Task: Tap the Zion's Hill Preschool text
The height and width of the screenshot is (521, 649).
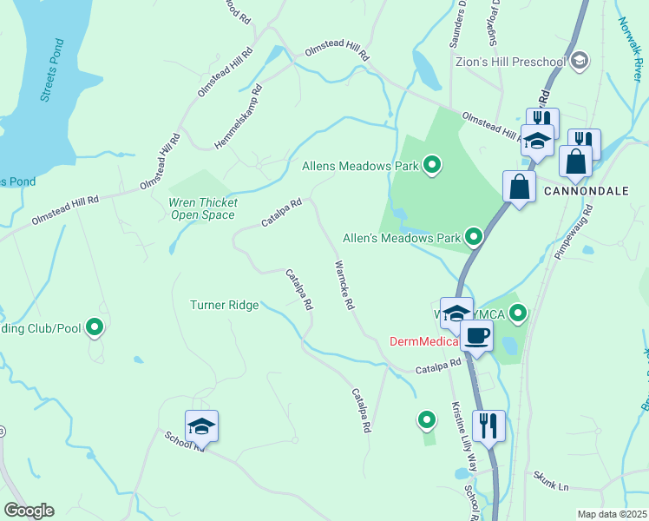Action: (x=510, y=62)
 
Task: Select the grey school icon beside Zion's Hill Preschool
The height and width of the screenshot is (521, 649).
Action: (x=580, y=61)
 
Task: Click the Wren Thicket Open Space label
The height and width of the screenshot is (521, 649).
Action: (x=201, y=208)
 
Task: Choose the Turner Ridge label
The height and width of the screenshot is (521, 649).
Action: (x=224, y=305)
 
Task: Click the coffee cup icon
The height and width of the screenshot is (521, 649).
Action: (x=476, y=335)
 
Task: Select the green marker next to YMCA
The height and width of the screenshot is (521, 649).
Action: (x=518, y=313)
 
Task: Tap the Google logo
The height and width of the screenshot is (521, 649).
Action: (x=29, y=511)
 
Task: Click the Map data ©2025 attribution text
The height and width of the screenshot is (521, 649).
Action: (x=611, y=514)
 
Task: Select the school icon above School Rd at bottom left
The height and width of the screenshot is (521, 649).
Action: (x=202, y=425)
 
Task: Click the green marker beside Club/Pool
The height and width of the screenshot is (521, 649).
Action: (x=95, y=327)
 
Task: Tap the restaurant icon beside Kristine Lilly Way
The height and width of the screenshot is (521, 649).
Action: (x=488, y=425)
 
